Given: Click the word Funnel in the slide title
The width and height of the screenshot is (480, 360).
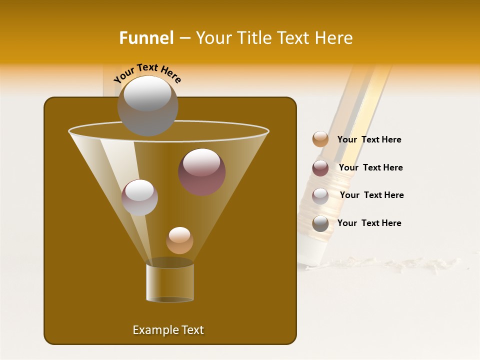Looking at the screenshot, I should point(146,37).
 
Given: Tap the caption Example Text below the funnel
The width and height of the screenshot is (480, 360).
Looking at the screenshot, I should point(168,330).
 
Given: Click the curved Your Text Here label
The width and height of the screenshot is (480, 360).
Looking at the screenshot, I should point(147,72).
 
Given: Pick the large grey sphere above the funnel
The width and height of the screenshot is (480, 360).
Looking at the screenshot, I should point(147,106).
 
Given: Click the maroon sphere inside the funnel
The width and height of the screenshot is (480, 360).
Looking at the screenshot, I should point(201,172).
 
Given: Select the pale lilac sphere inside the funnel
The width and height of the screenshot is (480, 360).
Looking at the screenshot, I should point(139,197).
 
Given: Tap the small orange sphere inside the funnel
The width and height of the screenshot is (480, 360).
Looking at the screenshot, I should point(179,240).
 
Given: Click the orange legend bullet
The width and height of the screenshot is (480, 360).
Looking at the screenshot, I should point(320,139).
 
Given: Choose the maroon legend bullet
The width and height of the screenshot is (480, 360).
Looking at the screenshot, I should point(320,168).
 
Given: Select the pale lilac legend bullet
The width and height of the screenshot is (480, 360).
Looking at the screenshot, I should point(320,196).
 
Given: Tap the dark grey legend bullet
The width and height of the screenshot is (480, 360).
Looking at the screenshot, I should point(320,223).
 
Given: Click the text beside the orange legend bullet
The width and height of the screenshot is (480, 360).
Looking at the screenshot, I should point(369,139).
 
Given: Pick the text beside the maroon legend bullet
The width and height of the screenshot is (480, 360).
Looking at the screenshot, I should point(370,167).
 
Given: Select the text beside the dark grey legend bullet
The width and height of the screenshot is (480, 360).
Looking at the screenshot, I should point(369,223).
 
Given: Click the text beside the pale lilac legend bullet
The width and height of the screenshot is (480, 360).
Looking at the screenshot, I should point(371,195).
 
